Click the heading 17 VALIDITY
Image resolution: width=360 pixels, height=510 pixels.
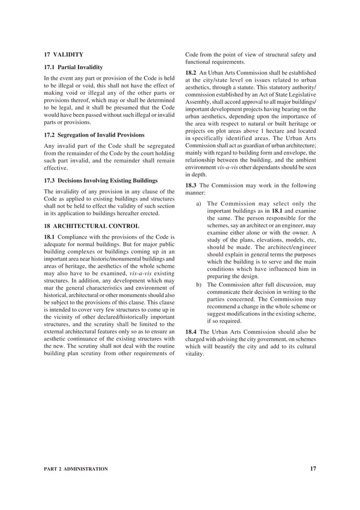tap(63, 54)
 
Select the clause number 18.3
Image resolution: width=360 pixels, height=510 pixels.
tap(191, 186)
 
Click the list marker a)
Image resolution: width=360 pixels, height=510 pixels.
tap(199, 204)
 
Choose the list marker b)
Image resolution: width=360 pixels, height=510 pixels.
tap(199, 285)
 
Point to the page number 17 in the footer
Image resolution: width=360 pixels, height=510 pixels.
tap(313, 469)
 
